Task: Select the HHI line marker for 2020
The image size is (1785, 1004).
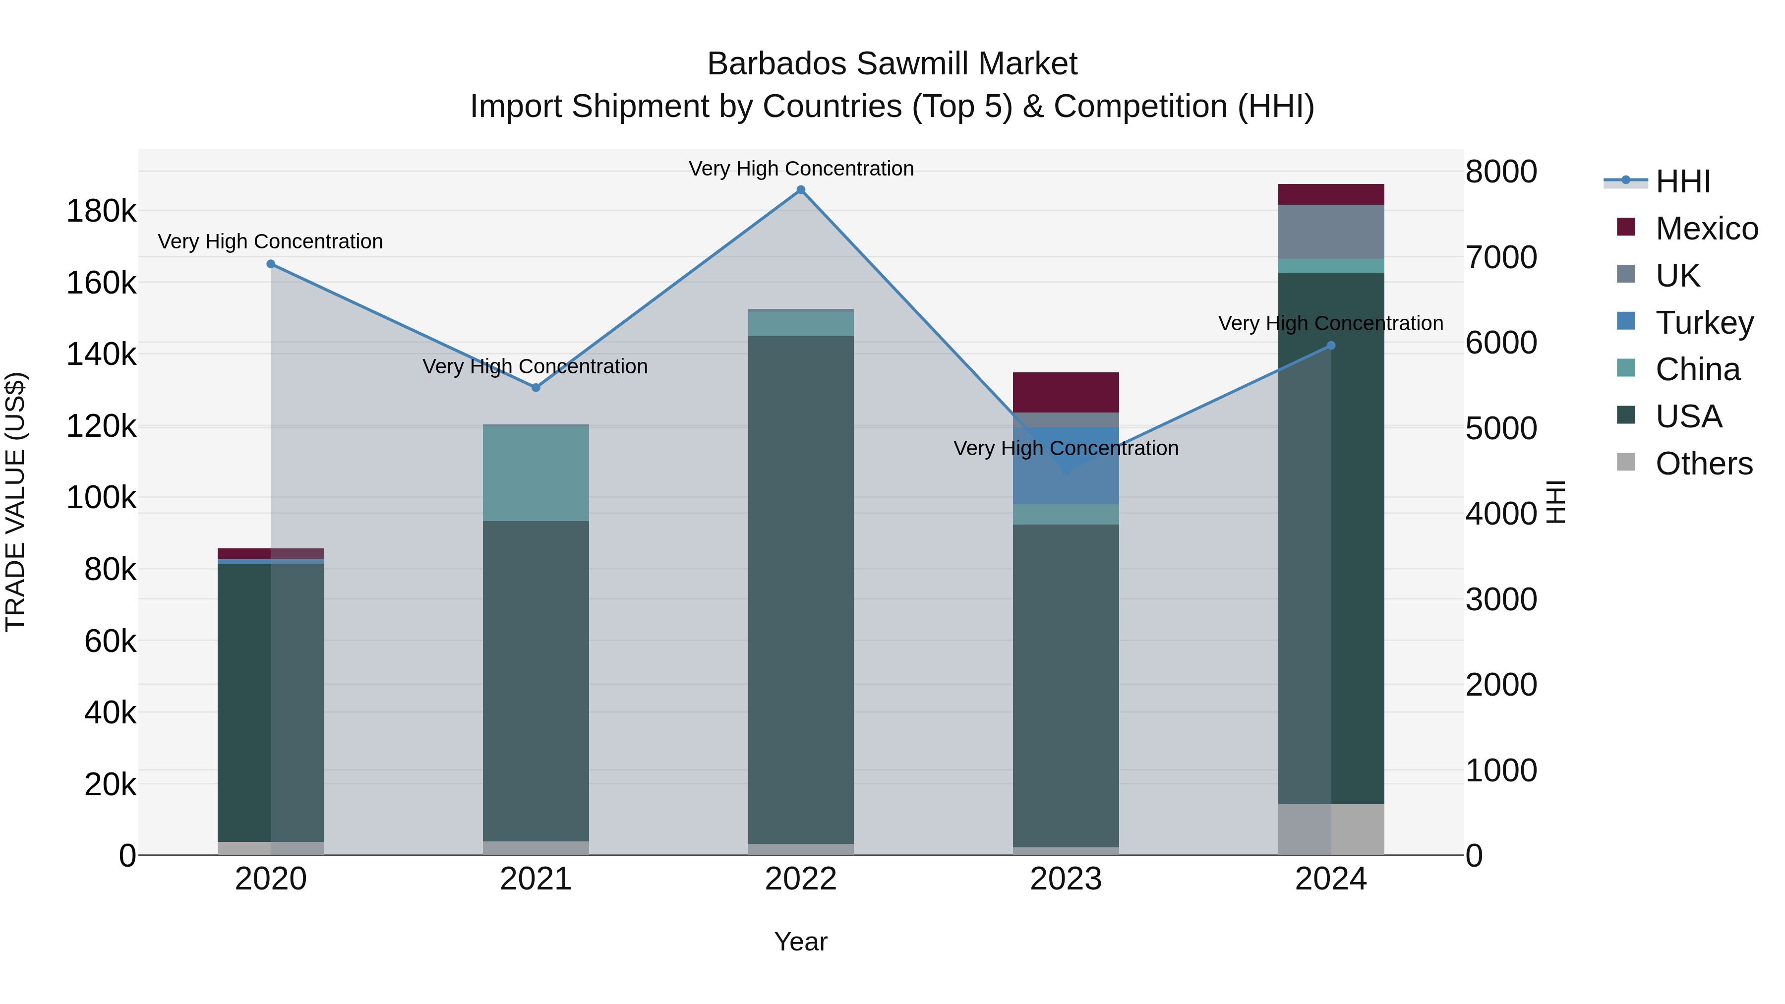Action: click(x=271, y=264)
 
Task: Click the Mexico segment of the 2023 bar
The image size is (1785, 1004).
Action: click(x=1066, y=392)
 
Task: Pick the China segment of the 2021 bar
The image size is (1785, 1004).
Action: click(x=535, y=472)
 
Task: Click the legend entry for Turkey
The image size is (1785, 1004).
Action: click(x=1703, y=323)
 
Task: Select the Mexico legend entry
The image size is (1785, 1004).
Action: click(x=1706, y=229)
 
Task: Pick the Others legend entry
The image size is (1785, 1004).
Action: click(x=1703, y=464)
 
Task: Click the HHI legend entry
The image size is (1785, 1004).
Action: click(x=1682, y=181)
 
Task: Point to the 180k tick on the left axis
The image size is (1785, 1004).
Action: click(x=101, y=211)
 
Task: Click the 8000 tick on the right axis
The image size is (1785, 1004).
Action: click(x=1501, y=172)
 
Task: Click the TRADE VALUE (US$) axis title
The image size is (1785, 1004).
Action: click(x=15, y=502)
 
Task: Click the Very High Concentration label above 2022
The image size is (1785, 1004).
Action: click(x=801, y=169)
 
